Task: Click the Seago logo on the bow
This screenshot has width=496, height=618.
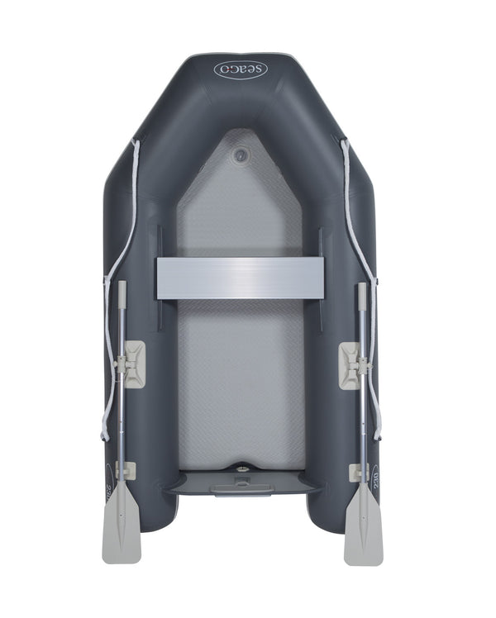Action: [241, 69]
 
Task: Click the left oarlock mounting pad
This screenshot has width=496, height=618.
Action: [131, 364]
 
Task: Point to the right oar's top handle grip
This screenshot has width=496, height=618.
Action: [361, 294]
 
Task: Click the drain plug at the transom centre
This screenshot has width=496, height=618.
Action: [241, 468]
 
